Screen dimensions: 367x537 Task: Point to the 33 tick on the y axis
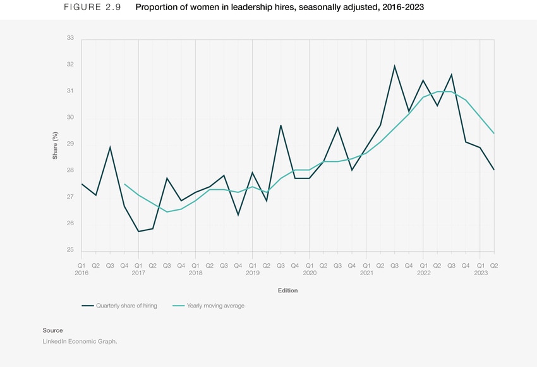(70, 38)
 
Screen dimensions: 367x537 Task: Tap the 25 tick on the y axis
(70, 250)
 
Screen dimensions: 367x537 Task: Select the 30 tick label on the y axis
(70, 118)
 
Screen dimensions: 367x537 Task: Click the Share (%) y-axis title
(56, 144)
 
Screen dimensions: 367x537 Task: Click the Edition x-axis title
(287, 290)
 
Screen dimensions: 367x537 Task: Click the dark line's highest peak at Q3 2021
(395, 66)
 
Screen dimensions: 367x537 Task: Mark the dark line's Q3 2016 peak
(111, 147)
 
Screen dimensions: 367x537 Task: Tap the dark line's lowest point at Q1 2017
(138, 232)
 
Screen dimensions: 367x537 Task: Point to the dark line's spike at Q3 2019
(281, 125)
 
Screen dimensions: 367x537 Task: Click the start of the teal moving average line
(124, 184)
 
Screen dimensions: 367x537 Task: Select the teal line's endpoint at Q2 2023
(493, 134)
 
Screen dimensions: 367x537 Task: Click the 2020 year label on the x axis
(310, 273)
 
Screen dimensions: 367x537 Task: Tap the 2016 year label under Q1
(81, 273)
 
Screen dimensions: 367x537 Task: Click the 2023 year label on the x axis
(480, 273)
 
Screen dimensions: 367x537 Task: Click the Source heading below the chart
(52, 330)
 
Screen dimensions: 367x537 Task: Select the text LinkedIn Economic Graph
(80, 341)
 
